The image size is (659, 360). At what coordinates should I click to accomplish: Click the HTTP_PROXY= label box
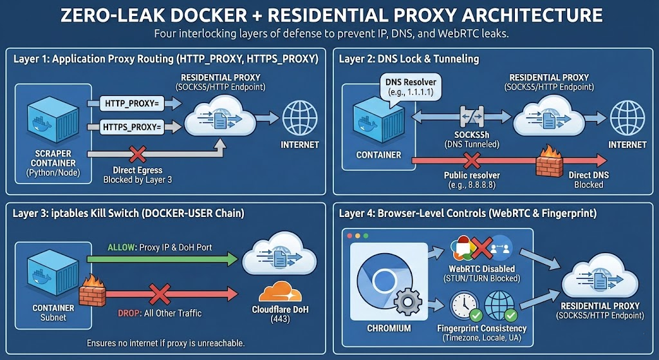[x=133, y=102]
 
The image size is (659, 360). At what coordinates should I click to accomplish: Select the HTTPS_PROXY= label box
[x=133, y=126]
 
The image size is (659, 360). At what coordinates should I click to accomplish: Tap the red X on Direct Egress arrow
[x=136, y=154]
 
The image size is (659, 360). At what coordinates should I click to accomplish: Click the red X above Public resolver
[x=472, y=160]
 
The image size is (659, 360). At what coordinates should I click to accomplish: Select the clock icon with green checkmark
[x=463, y=306]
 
